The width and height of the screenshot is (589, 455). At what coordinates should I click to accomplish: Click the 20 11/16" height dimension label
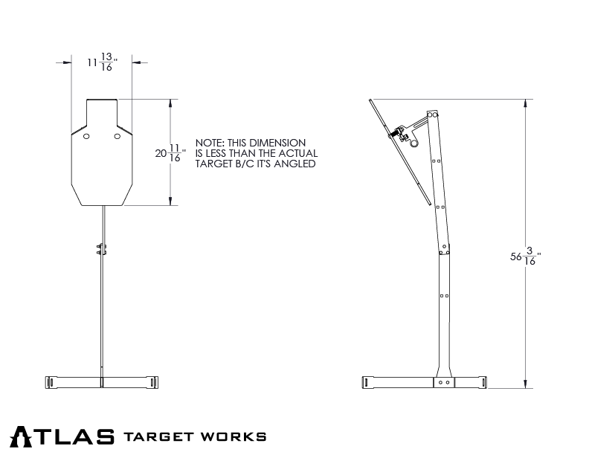(168, 153)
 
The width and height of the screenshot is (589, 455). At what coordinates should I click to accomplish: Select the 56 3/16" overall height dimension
(525, 258)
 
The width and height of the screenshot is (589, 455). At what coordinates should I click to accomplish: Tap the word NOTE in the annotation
(208, 142)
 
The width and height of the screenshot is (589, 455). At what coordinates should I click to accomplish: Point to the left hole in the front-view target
(87, 138)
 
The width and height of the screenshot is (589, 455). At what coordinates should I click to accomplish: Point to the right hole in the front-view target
(117, 138)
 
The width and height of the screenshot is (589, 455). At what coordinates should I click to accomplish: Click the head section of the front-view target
(102, 113)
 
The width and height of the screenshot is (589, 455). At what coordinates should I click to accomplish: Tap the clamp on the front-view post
(101, 248)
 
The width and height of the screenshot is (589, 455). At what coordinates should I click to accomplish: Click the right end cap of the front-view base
(152, 382)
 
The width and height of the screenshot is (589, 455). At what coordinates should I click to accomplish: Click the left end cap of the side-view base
(367, 382)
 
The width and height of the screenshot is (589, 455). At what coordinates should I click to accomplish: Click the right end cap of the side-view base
(483, 382)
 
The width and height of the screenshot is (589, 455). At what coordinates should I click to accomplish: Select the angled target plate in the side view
(401, 152)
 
